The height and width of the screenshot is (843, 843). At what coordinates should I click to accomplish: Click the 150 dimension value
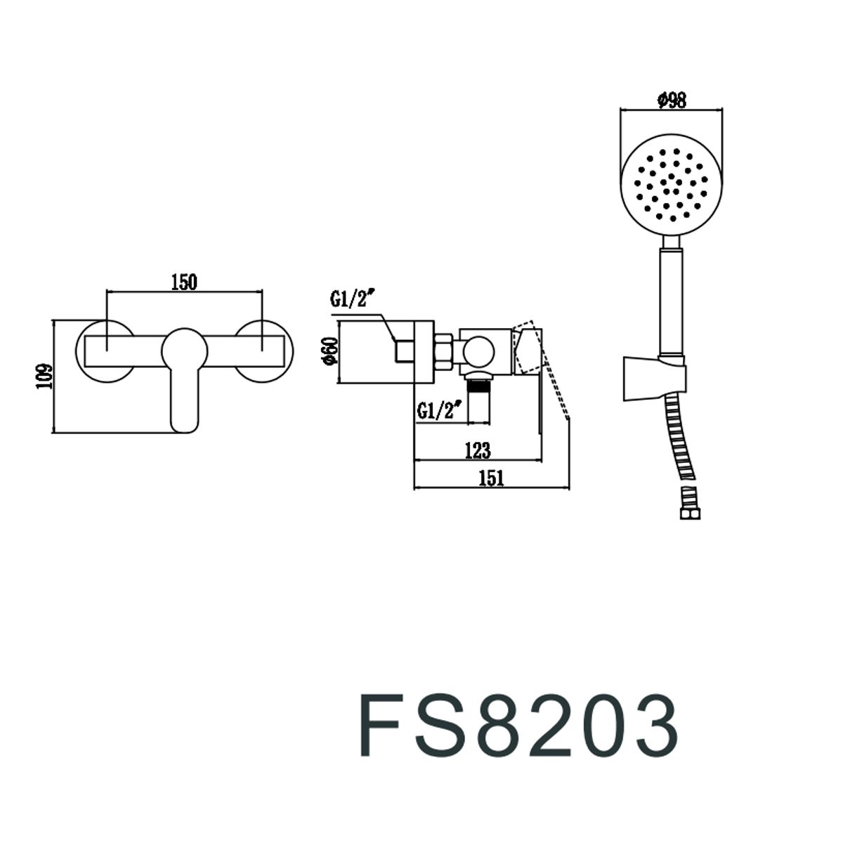pyautogui.click(x=184, y=282)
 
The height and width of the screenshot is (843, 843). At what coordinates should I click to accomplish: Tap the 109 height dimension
pyautogui.click(x=45, y=376)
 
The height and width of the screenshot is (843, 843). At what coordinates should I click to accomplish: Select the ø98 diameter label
pyautogui.click(x=672, y=100)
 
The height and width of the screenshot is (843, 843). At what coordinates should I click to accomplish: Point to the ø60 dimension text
pyautogui.click(x=329, y=350)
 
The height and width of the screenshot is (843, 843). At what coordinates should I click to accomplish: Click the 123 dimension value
pyautogui.click(x=478, y=450)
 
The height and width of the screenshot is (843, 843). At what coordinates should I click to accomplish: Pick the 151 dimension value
pyautogui.click(x=491, y=478)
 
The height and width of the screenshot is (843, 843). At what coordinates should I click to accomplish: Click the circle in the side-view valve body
pyautogui.click(x=479, y=352)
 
